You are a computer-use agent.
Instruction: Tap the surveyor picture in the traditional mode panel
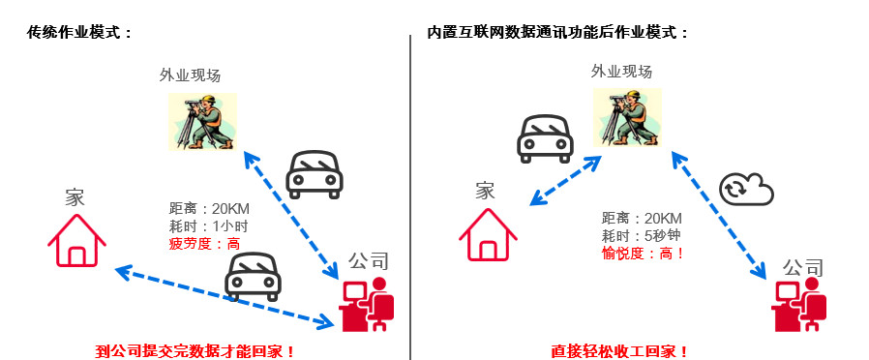click(203, 121)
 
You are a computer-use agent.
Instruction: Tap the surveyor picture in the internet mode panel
click(627, 117)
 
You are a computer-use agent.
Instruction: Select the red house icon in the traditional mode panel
click(77, 240)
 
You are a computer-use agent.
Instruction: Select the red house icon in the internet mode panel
click(488, 234)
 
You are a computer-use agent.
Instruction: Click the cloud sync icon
click(746, 189)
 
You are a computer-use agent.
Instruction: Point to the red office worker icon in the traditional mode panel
click(368, 304)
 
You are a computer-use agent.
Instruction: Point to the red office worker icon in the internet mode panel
click(798, 304)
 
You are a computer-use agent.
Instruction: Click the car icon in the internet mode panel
click(545, 138)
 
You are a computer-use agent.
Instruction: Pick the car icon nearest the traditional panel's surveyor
click(315, 174)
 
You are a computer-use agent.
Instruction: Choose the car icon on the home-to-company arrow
click(253, 277)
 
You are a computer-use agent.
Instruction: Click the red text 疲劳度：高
click(204, 244)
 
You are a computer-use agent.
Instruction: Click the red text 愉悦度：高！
click(644, 254)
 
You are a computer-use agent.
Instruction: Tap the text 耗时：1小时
click(208, 226)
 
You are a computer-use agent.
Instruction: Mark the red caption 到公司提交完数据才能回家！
click(195, 351)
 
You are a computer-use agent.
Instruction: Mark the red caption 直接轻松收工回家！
click(619, 351)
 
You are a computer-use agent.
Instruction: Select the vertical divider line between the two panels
click(410, 197)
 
